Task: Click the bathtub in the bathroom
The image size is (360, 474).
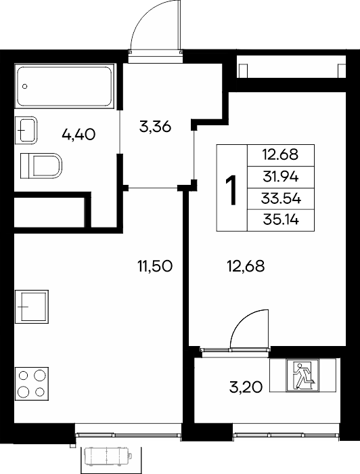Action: pos(65,86)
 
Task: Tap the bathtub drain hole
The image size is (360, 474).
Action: pos(25,87)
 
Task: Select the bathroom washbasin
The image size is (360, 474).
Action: pos(26,130)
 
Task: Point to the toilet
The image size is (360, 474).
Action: pos(41,166)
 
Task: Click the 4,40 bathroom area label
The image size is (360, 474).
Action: pos(78,134)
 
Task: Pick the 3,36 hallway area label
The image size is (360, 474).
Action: pos(155,127)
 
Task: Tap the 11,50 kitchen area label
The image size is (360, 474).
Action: pos(155,266)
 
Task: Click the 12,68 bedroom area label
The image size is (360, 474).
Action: pos(246,266)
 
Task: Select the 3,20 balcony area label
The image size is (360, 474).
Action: pos(246,387)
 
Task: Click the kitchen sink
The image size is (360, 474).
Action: pos(32,307)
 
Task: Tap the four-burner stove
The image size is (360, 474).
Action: pos(32,384)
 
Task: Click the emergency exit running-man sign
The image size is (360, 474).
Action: pos(302,375)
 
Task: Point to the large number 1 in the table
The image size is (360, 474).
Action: pos(231,190)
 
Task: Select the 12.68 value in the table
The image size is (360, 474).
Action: pos(280,155)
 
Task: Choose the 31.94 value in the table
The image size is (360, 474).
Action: pos(281,177)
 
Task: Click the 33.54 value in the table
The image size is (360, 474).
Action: pos(281,199)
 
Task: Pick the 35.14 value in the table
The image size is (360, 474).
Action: pos(281,220)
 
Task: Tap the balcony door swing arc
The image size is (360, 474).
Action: pos(242,321)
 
